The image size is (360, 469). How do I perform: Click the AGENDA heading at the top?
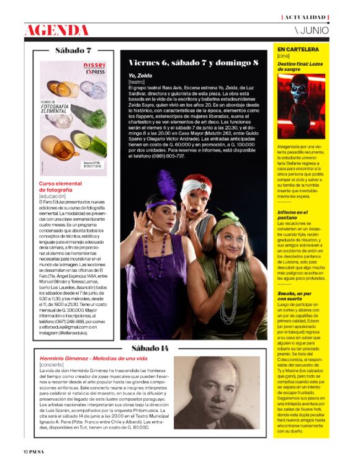tap(56, 30)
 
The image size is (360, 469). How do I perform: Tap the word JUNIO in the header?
tap(316, 30)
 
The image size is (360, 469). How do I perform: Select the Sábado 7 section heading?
tap(73, 50)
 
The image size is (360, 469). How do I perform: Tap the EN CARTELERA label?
tap(298, 48)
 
